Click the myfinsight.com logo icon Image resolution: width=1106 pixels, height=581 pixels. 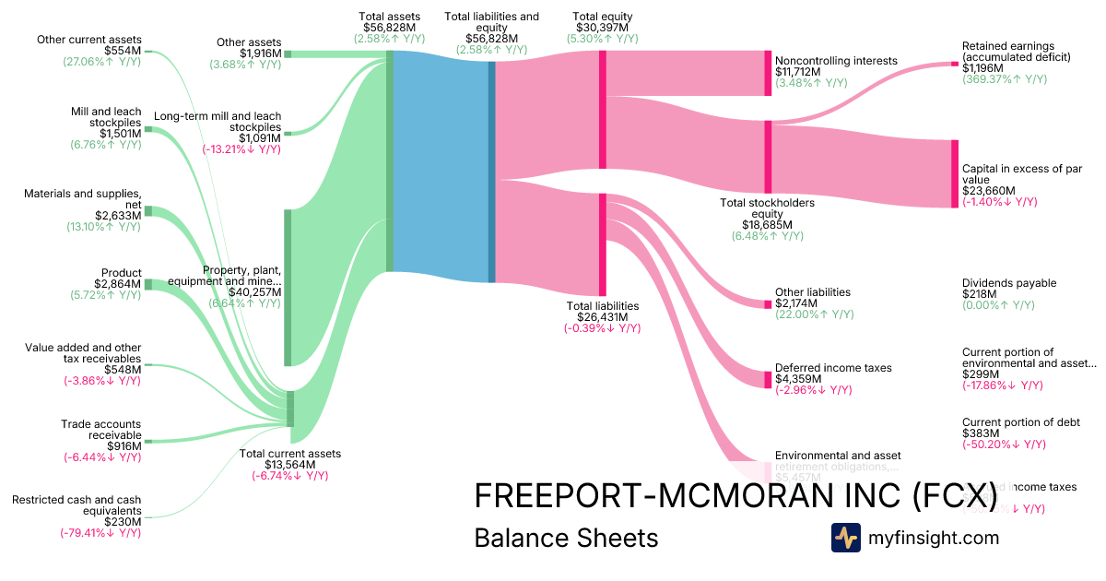(846, 538)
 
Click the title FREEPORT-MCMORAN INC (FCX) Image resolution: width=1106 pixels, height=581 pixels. (735, 495)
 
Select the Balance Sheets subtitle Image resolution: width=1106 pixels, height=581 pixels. (566, 538)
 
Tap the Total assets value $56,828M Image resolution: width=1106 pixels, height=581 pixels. (390, 28)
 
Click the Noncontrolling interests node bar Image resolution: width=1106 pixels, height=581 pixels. (768, 74)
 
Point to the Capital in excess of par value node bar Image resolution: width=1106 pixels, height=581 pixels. (955, 173)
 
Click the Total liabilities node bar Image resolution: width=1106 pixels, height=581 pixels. (603, 243)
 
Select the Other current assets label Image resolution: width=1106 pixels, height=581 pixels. (89, 40)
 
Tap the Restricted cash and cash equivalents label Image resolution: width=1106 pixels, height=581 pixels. (76, 504)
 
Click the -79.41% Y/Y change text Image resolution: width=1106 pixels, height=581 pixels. (102, 532)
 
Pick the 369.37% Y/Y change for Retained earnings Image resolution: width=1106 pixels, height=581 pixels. (1005, 79)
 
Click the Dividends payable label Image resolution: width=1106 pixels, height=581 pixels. (1009, 283)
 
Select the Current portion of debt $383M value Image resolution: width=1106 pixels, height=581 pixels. (981, 433)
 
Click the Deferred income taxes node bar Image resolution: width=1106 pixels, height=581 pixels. (768, 379)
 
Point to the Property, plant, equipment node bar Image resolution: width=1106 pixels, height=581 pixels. (288, 288)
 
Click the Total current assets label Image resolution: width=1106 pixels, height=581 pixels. (289, 454)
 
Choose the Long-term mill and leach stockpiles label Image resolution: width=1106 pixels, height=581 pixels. (218, 122)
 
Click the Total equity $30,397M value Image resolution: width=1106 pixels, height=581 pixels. (602, 28)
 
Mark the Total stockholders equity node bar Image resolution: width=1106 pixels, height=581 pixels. (768, 157)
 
